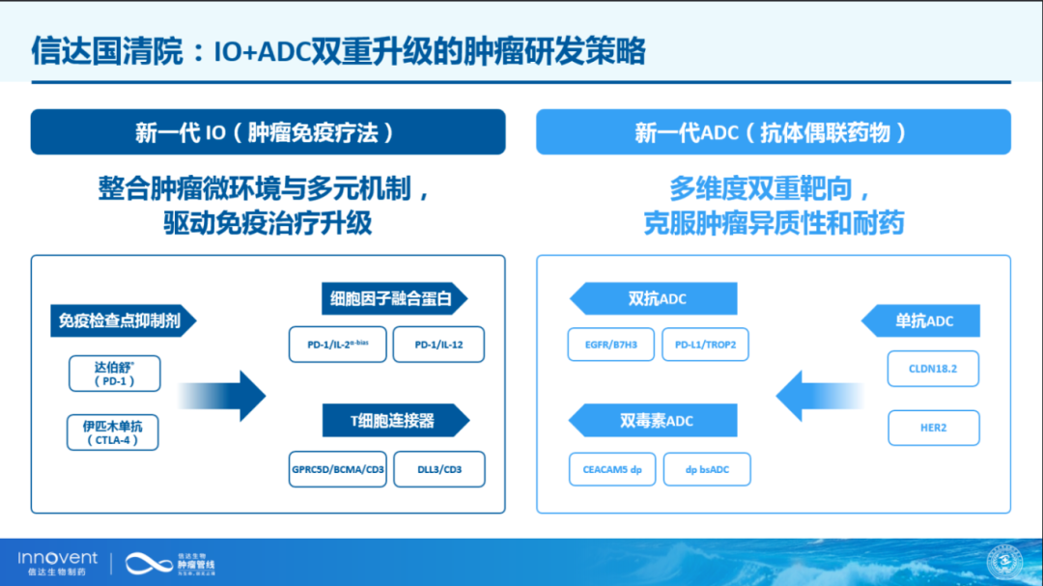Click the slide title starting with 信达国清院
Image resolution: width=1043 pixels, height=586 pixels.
click(338, 50)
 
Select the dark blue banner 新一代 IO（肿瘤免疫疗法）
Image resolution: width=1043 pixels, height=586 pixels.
click(268, 132)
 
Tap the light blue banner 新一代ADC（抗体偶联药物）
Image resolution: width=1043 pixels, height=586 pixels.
click(773, 132)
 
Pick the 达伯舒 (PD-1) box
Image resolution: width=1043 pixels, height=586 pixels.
click(114, 374)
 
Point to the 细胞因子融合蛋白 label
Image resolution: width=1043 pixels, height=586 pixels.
click(392, 299)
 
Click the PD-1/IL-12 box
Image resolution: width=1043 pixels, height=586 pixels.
click(438, 345)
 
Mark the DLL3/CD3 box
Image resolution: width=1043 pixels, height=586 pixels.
click(438, 469)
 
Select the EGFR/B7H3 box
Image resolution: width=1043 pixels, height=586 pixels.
click(610, 345)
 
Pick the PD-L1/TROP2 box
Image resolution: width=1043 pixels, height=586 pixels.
click(705, 345)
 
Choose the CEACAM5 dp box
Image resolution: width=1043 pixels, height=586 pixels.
click(611, 469)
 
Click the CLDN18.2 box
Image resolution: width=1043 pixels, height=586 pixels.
click(933, 369)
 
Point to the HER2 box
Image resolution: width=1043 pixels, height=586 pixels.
click(933, 428)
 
